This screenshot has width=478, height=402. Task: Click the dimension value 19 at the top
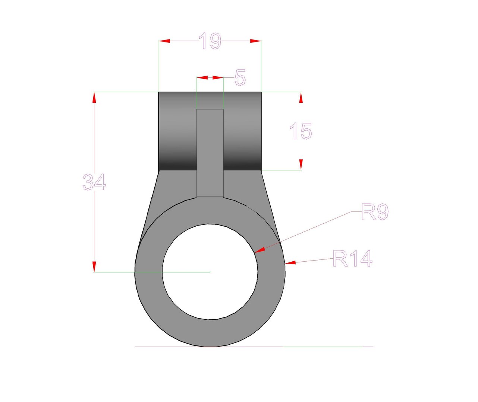[x=210, y=41]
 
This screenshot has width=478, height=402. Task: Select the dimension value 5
[x=240, y=78]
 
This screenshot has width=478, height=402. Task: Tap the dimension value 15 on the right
[x=301, y=131]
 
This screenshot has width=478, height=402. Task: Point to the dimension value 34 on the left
[x=94, y=182]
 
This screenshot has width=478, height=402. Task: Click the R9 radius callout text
[x=375, y=212]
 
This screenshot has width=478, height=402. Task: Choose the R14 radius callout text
[x=352, y=259]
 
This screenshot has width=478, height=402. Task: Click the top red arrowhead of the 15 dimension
[x=301, y=97]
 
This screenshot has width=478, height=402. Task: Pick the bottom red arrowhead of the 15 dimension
[x=301, y=165]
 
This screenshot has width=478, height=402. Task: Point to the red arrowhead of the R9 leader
[x=260, y=250]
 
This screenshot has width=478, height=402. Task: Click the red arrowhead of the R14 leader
[x=290, y=263]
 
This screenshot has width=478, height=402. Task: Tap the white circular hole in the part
[x=210, y=272]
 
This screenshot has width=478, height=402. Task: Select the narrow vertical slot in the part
[x=210, y=153]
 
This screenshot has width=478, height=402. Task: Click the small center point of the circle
[x=210, y=272]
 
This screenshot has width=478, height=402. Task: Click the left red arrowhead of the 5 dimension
[x=202, y=78]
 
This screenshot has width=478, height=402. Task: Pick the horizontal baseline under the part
[x=254, y=347]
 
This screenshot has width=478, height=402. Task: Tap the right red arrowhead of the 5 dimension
[x=218, y=78]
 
